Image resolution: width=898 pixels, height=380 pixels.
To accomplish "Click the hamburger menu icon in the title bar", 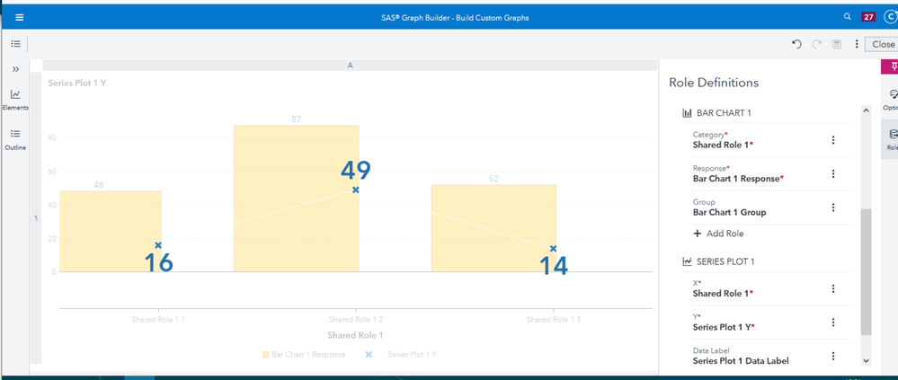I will click(x=20, y=16).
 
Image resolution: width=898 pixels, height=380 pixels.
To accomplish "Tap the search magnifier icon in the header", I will click(x=847, y=16).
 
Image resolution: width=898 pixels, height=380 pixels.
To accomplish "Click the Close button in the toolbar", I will click(x=882, y=44).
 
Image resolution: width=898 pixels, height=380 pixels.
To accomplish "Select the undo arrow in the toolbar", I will click(x=796, y=44).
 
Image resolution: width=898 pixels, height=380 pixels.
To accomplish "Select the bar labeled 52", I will click(x=493, y=229).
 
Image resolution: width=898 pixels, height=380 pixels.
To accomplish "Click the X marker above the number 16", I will click(x=158, y=245).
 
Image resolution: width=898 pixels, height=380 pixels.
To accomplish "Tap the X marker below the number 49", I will click(x=356, y=190).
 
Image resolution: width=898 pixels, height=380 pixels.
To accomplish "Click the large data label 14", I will click(x=553, y=265).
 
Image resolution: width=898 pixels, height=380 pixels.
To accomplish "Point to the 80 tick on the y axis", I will click(x=51, y=138).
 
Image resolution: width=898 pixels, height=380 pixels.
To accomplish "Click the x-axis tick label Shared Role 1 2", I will click(x=356, y=320).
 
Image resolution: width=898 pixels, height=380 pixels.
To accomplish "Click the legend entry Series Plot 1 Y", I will click(x=410, y=355).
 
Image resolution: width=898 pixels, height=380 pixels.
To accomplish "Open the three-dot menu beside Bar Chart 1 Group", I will click(x=833, y=208).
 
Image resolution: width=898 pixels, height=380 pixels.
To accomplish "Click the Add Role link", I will click(x=718, y=234).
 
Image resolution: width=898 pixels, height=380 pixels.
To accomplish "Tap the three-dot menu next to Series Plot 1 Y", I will click(x=833, y=323).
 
